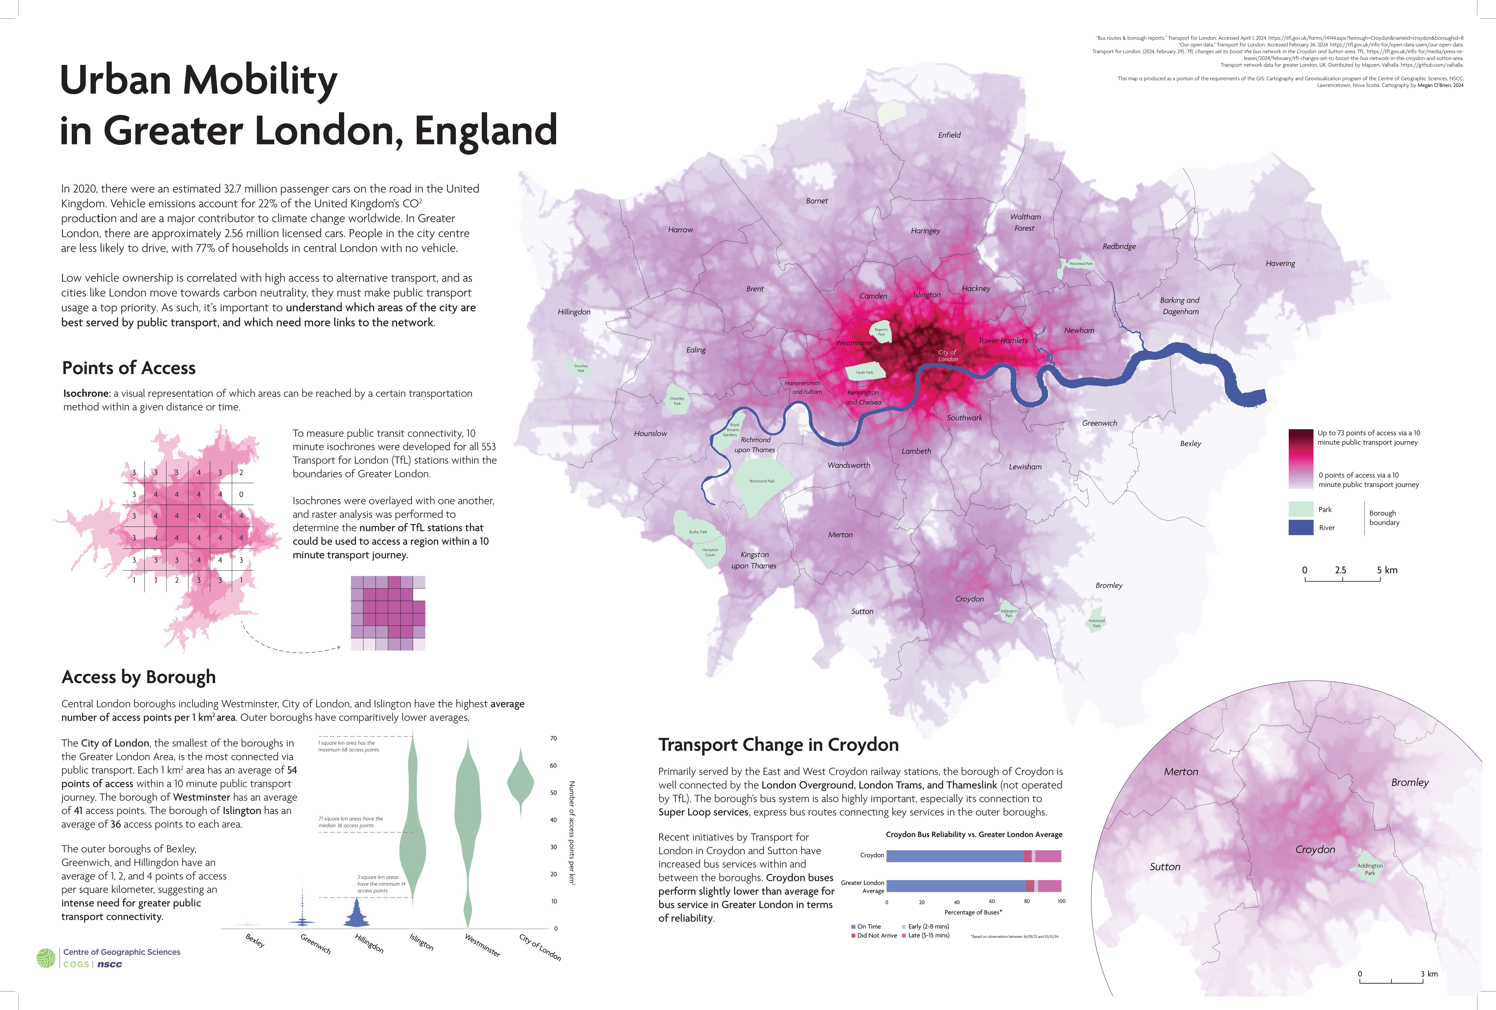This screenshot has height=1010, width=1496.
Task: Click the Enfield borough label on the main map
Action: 949,135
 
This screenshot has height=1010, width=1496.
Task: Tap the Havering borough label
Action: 1280,263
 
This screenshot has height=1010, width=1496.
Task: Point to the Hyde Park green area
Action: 864,372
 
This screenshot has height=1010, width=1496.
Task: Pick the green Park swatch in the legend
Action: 1300,509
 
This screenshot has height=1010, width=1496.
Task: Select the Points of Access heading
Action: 129,368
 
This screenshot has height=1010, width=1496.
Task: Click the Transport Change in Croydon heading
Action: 778,745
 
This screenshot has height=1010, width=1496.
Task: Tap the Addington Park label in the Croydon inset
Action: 1370,869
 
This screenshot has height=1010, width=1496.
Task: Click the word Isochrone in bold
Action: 86,393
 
